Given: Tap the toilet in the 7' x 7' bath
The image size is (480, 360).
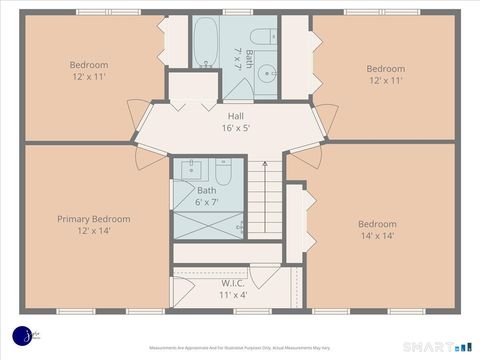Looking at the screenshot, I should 262,37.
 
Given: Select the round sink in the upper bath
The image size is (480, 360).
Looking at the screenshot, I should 265,73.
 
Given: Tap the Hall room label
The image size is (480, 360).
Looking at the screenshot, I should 235,116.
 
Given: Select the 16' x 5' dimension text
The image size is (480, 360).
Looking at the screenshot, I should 235,128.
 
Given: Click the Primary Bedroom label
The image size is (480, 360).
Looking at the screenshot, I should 93,219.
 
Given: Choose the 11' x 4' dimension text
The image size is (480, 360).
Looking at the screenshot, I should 233,295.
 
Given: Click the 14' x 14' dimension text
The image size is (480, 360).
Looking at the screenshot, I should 377,237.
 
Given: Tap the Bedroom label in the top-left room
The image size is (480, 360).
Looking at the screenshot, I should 89,65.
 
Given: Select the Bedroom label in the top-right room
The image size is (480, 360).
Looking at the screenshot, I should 385,69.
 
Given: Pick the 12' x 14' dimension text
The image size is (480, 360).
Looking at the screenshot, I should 93,231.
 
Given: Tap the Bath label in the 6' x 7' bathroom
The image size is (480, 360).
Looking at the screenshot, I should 206,190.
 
